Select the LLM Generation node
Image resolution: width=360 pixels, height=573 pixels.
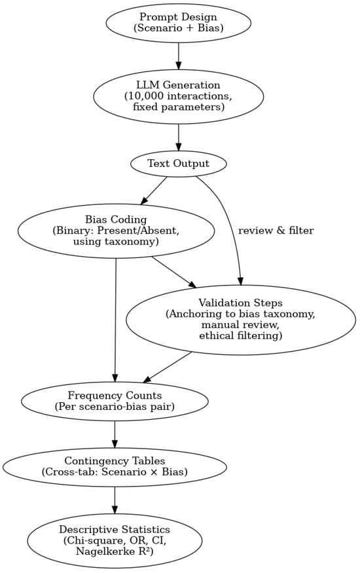point(179,96)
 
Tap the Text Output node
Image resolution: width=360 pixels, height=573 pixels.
point(179,164)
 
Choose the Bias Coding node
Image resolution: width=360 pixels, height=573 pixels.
point(116,231)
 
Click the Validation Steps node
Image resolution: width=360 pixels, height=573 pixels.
point(240,320)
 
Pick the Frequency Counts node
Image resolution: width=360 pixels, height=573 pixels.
point(115,401)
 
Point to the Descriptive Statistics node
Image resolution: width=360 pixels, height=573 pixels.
point(115,540)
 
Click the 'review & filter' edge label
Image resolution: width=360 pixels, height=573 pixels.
point(276,231)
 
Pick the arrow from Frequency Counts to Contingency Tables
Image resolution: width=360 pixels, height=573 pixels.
point(115,434)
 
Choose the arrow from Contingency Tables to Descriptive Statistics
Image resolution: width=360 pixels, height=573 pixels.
point(115,501)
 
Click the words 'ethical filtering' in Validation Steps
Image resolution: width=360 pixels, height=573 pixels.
point(240,336)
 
